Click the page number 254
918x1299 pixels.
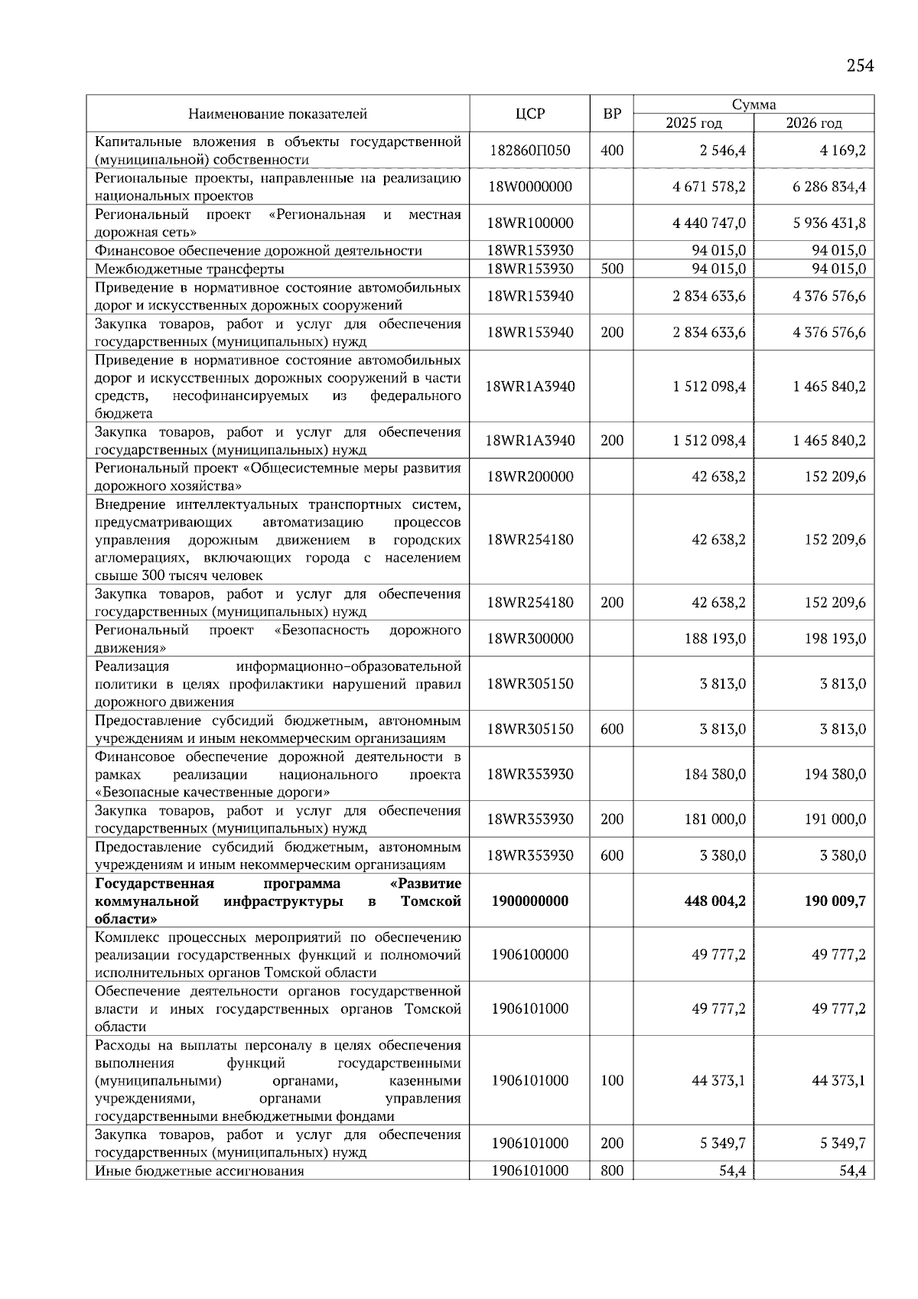(860, 66)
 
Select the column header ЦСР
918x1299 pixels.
(529, 114)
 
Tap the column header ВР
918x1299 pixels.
(612, 114)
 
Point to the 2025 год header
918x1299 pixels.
(693, 123)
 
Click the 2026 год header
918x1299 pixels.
(814, 123)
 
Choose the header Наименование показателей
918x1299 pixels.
(278, 114)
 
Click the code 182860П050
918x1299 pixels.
(529, 151)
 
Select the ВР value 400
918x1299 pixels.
(612, 151)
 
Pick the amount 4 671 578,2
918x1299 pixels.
(709, 187)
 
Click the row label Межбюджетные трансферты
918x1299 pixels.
(190, 269)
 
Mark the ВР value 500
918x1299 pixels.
(612, 269)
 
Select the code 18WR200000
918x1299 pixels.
(529, 477)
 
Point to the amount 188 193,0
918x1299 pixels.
(715, 639)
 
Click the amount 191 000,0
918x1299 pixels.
(835, 819)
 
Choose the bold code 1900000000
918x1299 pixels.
(529, 901)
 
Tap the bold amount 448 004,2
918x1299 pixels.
(715, 901)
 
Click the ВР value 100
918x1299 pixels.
(612, 1081)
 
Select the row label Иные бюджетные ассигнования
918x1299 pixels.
(200, 1171)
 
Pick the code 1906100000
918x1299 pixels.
(529, 955)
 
